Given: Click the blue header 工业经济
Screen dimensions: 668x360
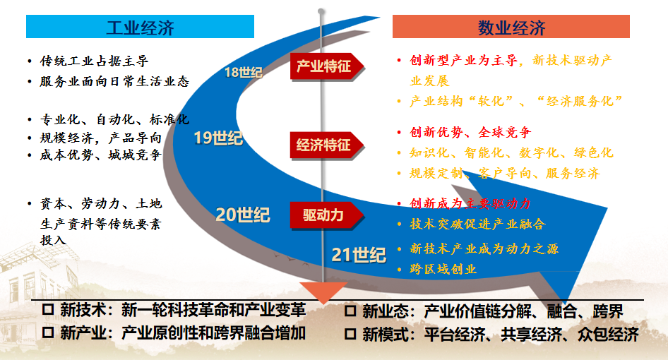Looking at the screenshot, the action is (x=140, y=26).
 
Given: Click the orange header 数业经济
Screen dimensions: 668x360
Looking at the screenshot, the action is (x=511, y=26).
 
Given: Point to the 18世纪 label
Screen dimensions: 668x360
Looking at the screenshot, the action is (x=243, y=73).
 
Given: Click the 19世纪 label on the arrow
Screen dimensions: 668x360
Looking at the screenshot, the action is (x=218, y=138).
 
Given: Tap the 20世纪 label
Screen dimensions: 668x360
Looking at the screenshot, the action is (x=242, y=215).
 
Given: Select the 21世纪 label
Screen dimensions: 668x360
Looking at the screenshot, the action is (x=359, y=255).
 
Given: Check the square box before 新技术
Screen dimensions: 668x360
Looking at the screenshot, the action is (x=48, y=309).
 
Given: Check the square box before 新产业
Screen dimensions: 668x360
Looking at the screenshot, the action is (x=48, y=332).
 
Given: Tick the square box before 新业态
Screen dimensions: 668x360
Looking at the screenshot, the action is (x=350, y=311).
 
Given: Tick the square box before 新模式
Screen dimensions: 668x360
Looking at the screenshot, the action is (x=350, y=334).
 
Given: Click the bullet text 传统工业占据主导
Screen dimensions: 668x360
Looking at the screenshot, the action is (x=94, y=61).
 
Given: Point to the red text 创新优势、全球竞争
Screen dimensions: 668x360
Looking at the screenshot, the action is (x=470, y=132).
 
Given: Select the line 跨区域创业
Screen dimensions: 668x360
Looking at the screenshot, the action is (x=443, y=269).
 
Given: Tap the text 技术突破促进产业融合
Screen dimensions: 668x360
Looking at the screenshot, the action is (x=477, y=224).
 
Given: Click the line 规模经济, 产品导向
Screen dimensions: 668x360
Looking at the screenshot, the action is (x=101, y=138).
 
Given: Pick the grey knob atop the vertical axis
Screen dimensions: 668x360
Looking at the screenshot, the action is (x=321, y=11).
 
